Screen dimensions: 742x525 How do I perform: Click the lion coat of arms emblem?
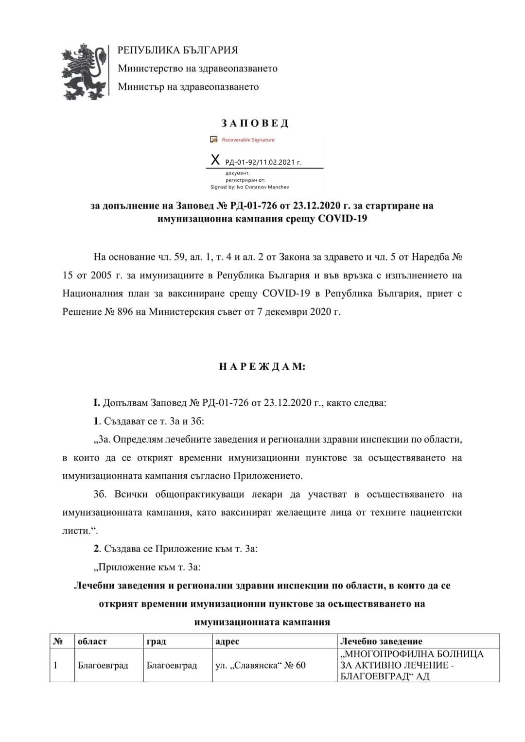[x=84, y=71]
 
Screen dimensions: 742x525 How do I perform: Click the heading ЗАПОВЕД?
[x=255, y=123]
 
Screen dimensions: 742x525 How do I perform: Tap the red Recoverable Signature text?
[x=248, y=140]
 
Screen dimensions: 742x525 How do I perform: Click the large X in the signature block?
[x=215, y=160]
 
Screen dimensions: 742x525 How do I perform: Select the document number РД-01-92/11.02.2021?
[x=263, y=162]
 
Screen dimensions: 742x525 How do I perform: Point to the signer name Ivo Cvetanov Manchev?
[x=262, y=187]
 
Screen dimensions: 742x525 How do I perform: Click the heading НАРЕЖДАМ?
[x=262, y=367]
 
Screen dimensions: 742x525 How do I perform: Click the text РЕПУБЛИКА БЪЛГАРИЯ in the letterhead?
[x=178, y=50]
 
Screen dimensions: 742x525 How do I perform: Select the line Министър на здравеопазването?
[x=188, y=87]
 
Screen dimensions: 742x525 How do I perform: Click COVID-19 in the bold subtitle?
[x=343, y=219]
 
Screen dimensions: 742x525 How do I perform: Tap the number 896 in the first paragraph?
[x=125, y=311]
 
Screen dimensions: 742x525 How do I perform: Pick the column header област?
[x=92, y=641]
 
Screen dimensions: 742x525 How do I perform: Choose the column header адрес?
[x=227, y=641]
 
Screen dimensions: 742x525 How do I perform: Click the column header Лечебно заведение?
[x=381, y=641]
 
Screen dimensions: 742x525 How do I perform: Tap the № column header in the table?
[x=58, y=641]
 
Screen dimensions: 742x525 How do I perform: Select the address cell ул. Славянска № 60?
[x=261, y=665]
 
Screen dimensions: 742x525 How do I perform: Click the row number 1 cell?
[x=55, y=665]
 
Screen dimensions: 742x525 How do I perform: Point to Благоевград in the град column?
[x=172, y=665]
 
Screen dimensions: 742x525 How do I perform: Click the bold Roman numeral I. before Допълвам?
[x=97, y=403]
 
